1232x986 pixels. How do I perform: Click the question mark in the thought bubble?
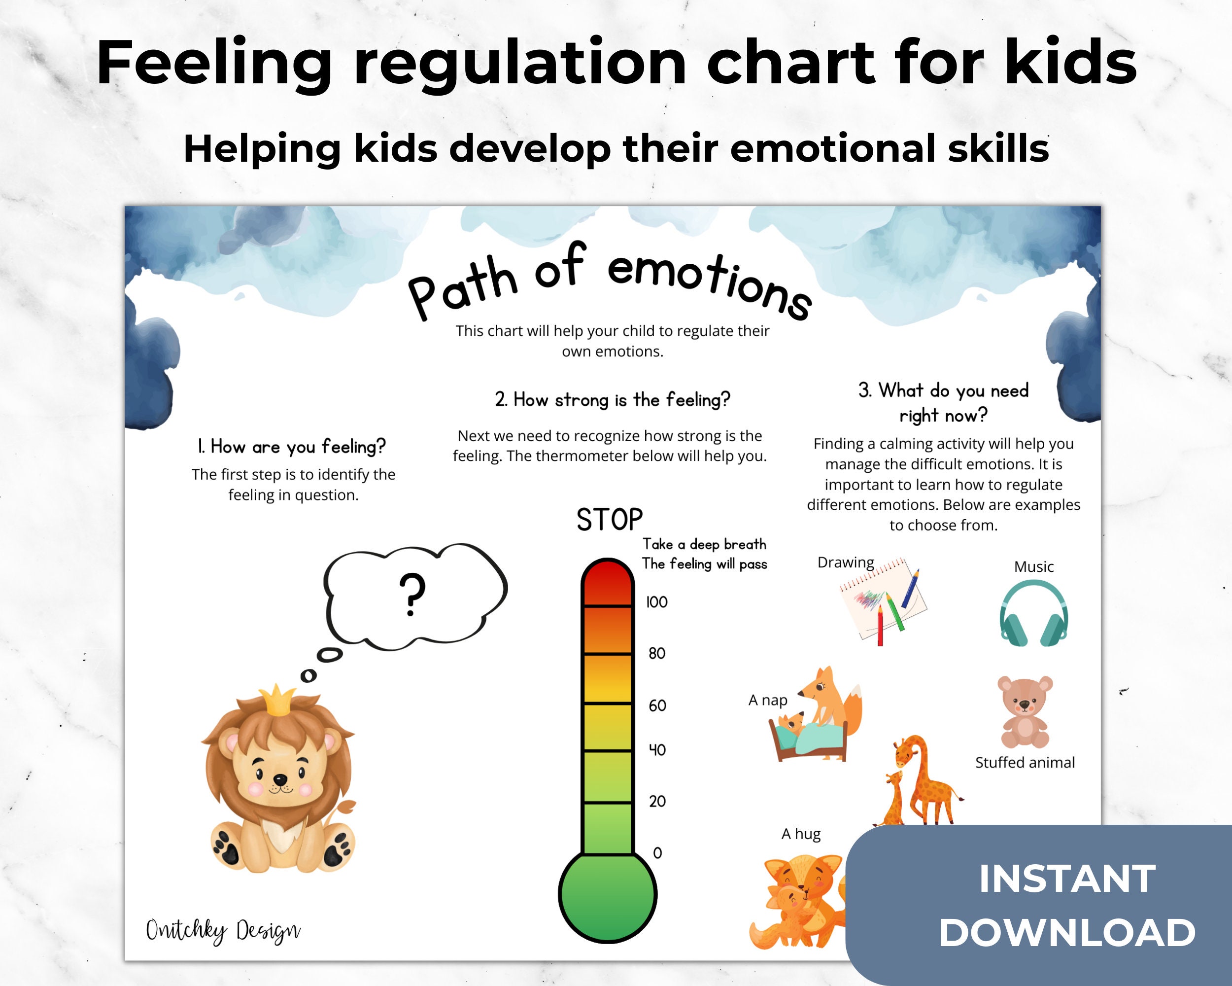click(412, 595)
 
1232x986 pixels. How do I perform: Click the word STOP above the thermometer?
click(609, 520)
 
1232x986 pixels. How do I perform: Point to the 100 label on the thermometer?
click(656, 602)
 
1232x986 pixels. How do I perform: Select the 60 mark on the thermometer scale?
click(657, 705)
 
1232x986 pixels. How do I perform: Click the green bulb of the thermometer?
click(608, 895)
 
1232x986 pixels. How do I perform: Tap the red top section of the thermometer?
click(608, 583)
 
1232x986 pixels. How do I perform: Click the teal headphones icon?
click(1033, 613)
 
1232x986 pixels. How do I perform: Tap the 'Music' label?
click(1034, 566)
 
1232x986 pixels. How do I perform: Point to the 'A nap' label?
click(767, 700)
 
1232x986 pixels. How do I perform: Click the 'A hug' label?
click(801, 834)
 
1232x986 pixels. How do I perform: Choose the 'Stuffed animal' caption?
click(1025, 763)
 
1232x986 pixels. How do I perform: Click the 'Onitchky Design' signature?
click(223, 931)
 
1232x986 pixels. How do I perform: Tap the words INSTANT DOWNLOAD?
click(1067, 906)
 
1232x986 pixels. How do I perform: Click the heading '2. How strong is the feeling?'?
click(613, 399)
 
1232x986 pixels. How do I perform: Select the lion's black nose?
click(279, 779)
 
